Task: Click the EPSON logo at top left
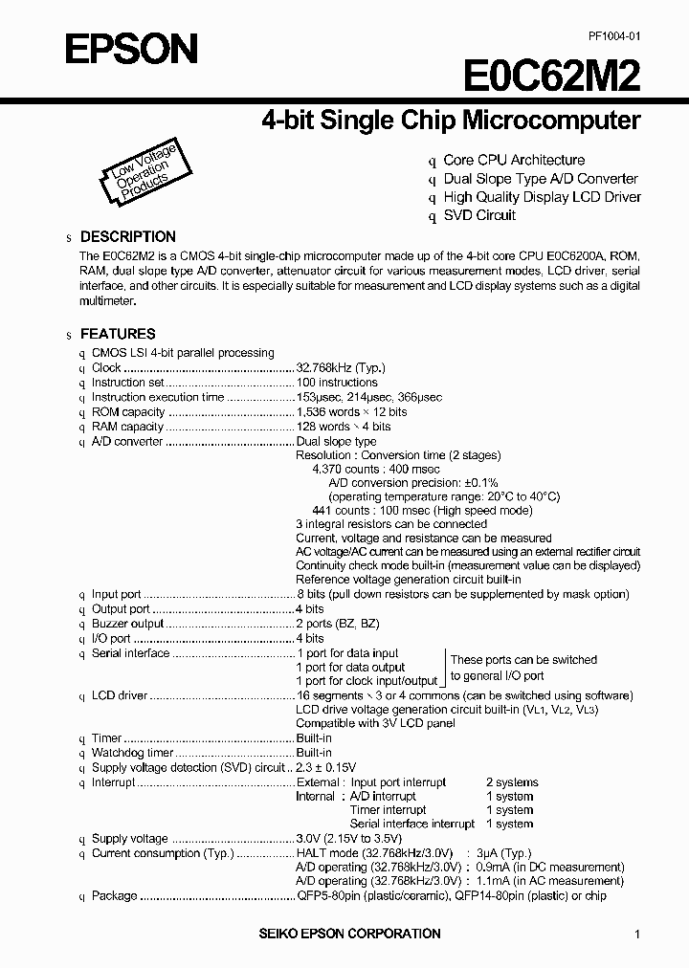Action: [130, 47]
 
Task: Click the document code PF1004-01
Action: [613, 34]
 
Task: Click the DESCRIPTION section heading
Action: [127, 236]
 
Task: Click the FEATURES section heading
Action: [117, 334]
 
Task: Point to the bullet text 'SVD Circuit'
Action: [479, 215]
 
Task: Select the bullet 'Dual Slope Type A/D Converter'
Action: [540, 179]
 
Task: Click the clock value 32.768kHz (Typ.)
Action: [341, 367]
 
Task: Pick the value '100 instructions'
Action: [337, 383]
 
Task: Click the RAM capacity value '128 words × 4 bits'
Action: [344, 427]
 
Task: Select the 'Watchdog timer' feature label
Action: [131, 753]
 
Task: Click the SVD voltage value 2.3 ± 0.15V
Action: [326, 768]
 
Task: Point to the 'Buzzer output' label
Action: [128, 624]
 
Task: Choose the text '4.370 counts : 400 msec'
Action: [376, 470]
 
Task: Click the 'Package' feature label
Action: [114, 896]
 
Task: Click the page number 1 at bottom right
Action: [637, 935]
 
